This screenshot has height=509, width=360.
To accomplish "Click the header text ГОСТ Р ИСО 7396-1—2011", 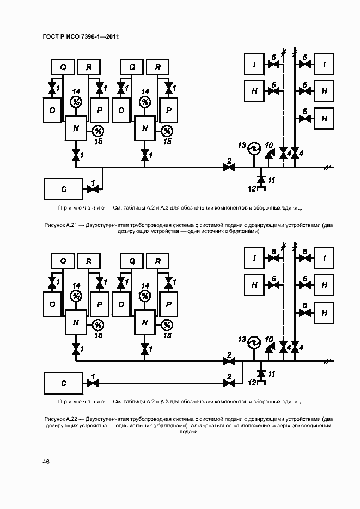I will pyautogui.click(x=81, y=36).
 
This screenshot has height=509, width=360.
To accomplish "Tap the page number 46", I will pyautogui.click(x=46, y=462).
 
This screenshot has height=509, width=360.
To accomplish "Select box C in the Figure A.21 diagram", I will pyautogui.click(x=64, y=189).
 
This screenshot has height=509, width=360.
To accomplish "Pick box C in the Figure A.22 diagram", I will pyautogui.click(x=64, y=383).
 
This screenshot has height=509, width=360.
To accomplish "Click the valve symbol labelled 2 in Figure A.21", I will pyautogui.click(x=229, y=167).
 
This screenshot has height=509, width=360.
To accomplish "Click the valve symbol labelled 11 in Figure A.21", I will pyautogui.click(x=260, y=179).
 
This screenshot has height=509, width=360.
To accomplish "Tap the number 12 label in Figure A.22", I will pyautogui.click(x=252, y=383).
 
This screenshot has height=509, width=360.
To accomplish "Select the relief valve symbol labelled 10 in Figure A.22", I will pyautogui.click(x=269, y=349).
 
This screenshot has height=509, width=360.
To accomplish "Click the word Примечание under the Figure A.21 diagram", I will pyautogui.click(x=81, y=207).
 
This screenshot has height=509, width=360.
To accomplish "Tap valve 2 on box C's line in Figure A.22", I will pyautogui.click(x=229, y=383).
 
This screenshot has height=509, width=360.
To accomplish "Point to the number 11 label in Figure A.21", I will pyautogui.click(x=272, y=180).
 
